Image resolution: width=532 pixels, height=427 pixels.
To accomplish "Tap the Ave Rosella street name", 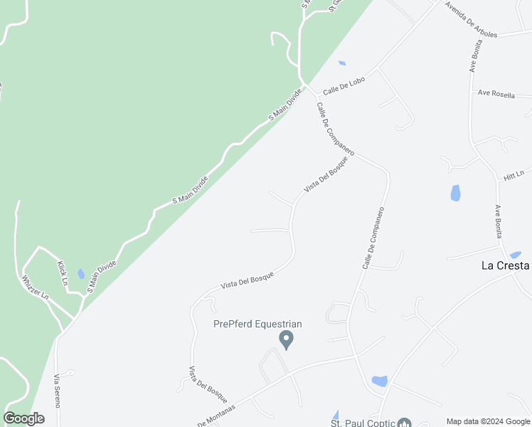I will click(496, 94).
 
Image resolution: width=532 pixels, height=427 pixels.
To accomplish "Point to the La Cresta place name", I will click(505, 265).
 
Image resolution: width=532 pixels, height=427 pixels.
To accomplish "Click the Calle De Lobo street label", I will click(344, 86).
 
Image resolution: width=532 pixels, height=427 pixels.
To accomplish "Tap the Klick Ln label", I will click(62, 273).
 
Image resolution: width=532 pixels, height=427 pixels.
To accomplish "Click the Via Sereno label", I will click(57, 391).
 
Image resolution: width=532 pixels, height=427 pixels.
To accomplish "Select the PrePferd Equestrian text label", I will click(257, 325).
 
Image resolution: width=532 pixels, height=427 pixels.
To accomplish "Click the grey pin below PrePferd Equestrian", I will click(287, 339).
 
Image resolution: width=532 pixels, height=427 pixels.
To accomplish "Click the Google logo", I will click(24, 418).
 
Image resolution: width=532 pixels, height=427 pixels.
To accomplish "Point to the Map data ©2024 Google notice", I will click(488, 421).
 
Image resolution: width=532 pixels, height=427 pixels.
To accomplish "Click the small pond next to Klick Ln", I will click(81, 274).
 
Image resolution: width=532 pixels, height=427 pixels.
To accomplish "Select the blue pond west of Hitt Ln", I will click(455, 193).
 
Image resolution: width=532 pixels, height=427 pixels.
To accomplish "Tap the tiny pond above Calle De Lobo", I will click(342, 63).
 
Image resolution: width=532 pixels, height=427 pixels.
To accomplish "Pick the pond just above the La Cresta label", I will click(516, 255).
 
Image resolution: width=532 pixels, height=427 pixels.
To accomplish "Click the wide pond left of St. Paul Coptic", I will click(379, 381).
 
